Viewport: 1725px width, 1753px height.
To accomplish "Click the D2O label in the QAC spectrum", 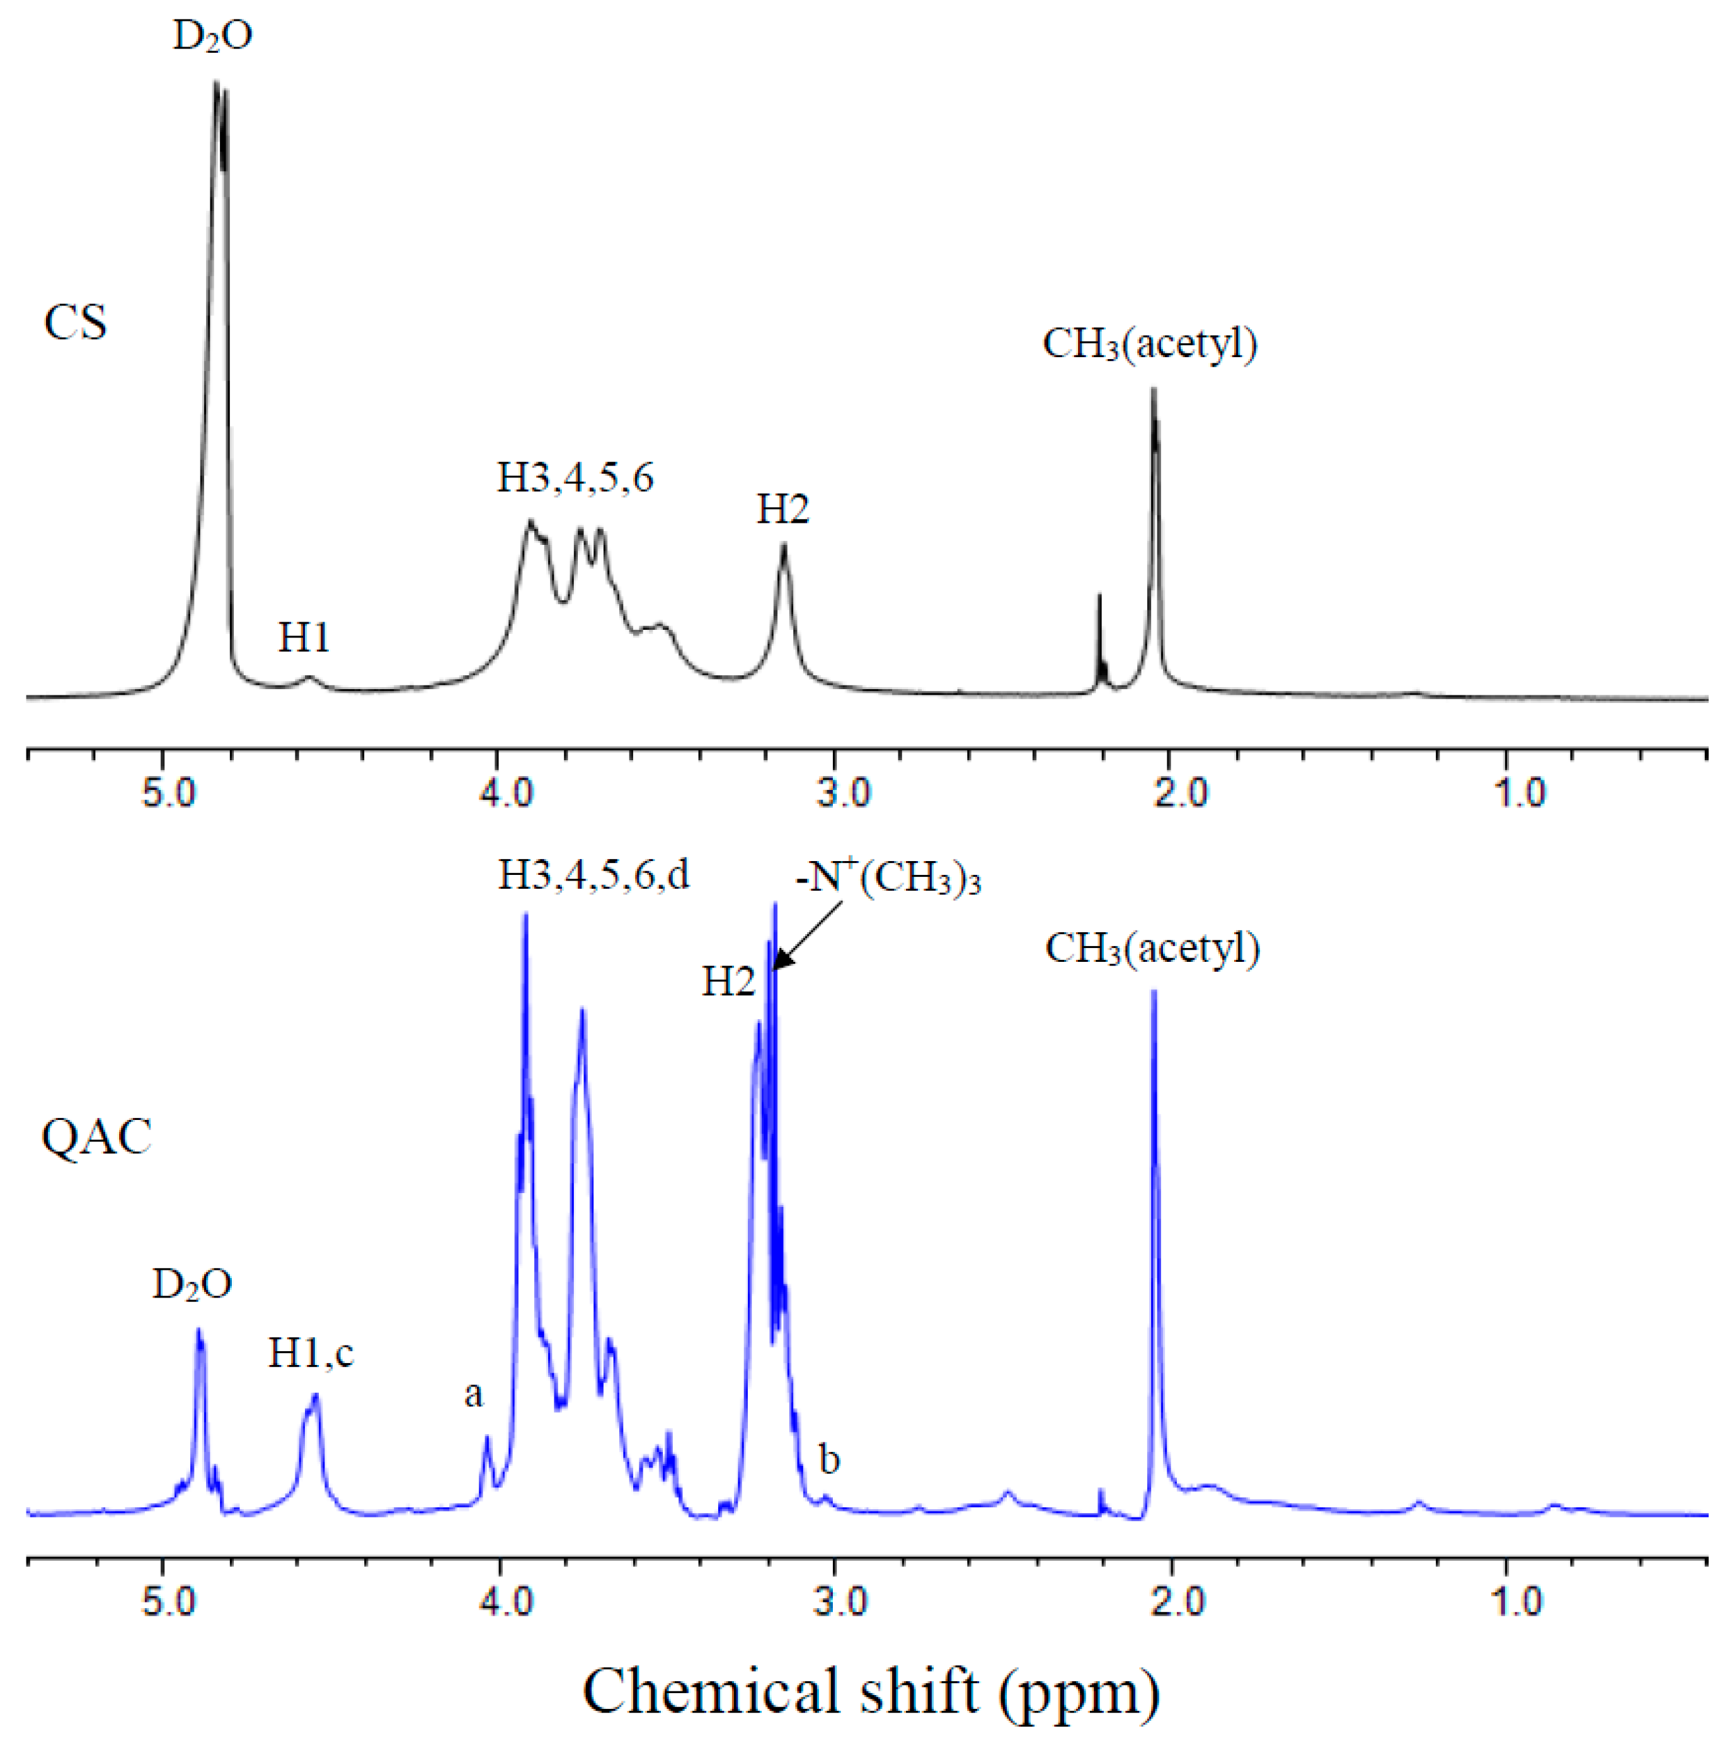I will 192,1284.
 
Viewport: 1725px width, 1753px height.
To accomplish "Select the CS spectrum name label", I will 75,323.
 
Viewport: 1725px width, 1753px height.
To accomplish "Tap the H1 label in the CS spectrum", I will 304,638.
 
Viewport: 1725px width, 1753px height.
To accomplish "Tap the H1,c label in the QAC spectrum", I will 310,1354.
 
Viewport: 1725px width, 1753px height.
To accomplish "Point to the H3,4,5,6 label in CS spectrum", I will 575,477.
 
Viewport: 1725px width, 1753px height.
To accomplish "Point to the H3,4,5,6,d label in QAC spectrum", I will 593,875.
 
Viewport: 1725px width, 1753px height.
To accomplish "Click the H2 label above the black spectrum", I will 782,510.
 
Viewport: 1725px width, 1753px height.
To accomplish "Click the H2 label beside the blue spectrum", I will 728,982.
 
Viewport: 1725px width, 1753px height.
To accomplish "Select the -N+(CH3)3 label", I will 888,878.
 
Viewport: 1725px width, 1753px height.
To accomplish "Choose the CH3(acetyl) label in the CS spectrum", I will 1150,345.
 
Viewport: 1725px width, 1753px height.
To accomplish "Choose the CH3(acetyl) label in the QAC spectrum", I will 1152,949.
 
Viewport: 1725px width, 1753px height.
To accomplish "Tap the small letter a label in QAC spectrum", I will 473,1394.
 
